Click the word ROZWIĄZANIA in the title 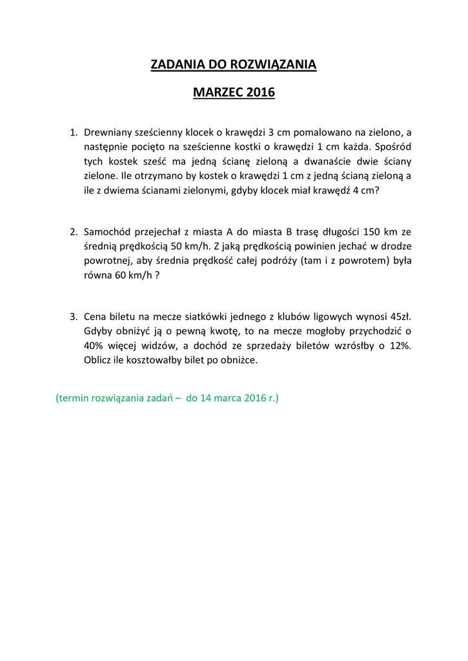coord(274,65)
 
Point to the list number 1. coord(73,132)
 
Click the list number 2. coord(73,232)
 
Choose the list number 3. coord(73,317)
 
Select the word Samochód coord(109,232)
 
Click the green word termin coord(76,398)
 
